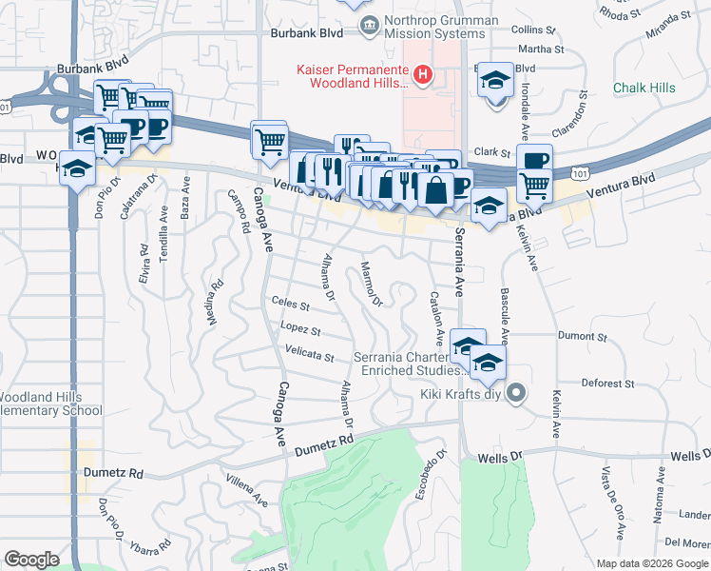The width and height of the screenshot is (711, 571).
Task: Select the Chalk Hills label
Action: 644,88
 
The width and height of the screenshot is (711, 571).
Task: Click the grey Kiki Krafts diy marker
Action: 516,392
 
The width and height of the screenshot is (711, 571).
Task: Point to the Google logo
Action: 31,560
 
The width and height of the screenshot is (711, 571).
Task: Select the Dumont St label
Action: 582,336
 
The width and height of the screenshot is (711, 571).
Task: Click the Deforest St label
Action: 608,384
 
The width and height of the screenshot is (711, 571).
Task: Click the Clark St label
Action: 492,151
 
